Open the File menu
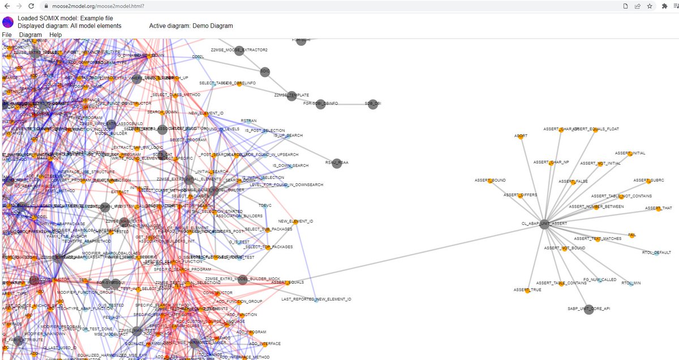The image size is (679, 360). point(7,35)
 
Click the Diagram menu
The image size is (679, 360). point(31,35)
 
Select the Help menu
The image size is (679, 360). point(55,35)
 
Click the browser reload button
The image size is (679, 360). point(32,6)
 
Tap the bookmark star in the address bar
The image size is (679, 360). point(650,6)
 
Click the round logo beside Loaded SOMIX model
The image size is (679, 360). point(8,22)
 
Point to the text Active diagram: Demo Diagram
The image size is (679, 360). point(191,25)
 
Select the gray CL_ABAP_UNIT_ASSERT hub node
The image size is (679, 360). point(544,224)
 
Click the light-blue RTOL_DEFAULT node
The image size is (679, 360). point(657,252)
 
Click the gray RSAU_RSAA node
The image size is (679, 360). point(337,163)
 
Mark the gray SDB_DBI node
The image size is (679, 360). point(372,104)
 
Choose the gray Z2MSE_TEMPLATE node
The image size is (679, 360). point(291,96)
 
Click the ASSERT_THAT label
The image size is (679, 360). point(659,208)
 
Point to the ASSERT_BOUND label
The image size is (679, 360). point(490,180)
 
